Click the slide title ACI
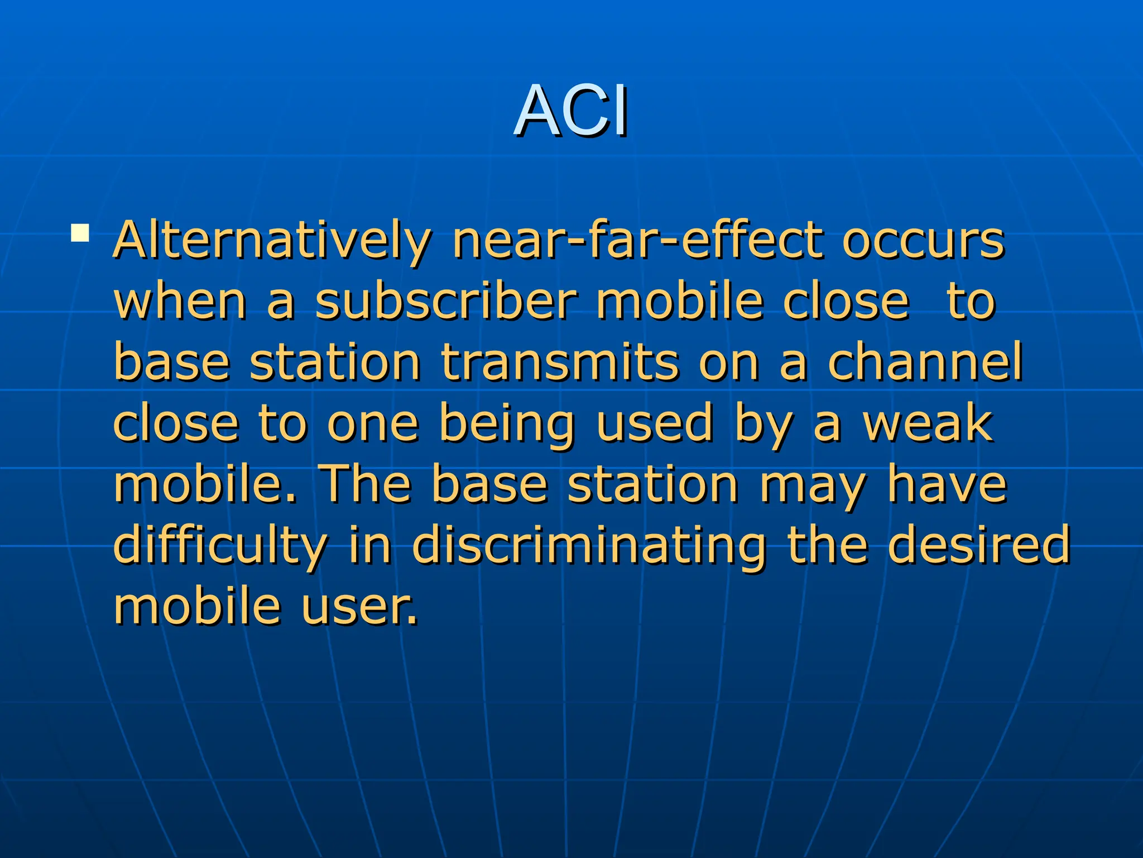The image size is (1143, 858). tap(571, 111)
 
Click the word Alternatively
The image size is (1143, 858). tap(272, 241)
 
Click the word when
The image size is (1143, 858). tap(180, 302)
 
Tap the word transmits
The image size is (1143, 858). tap(560, 363)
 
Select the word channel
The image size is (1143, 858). tap(925, 363)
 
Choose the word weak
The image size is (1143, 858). tap(928, 423)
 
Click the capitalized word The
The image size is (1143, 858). tap(366, 484)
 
